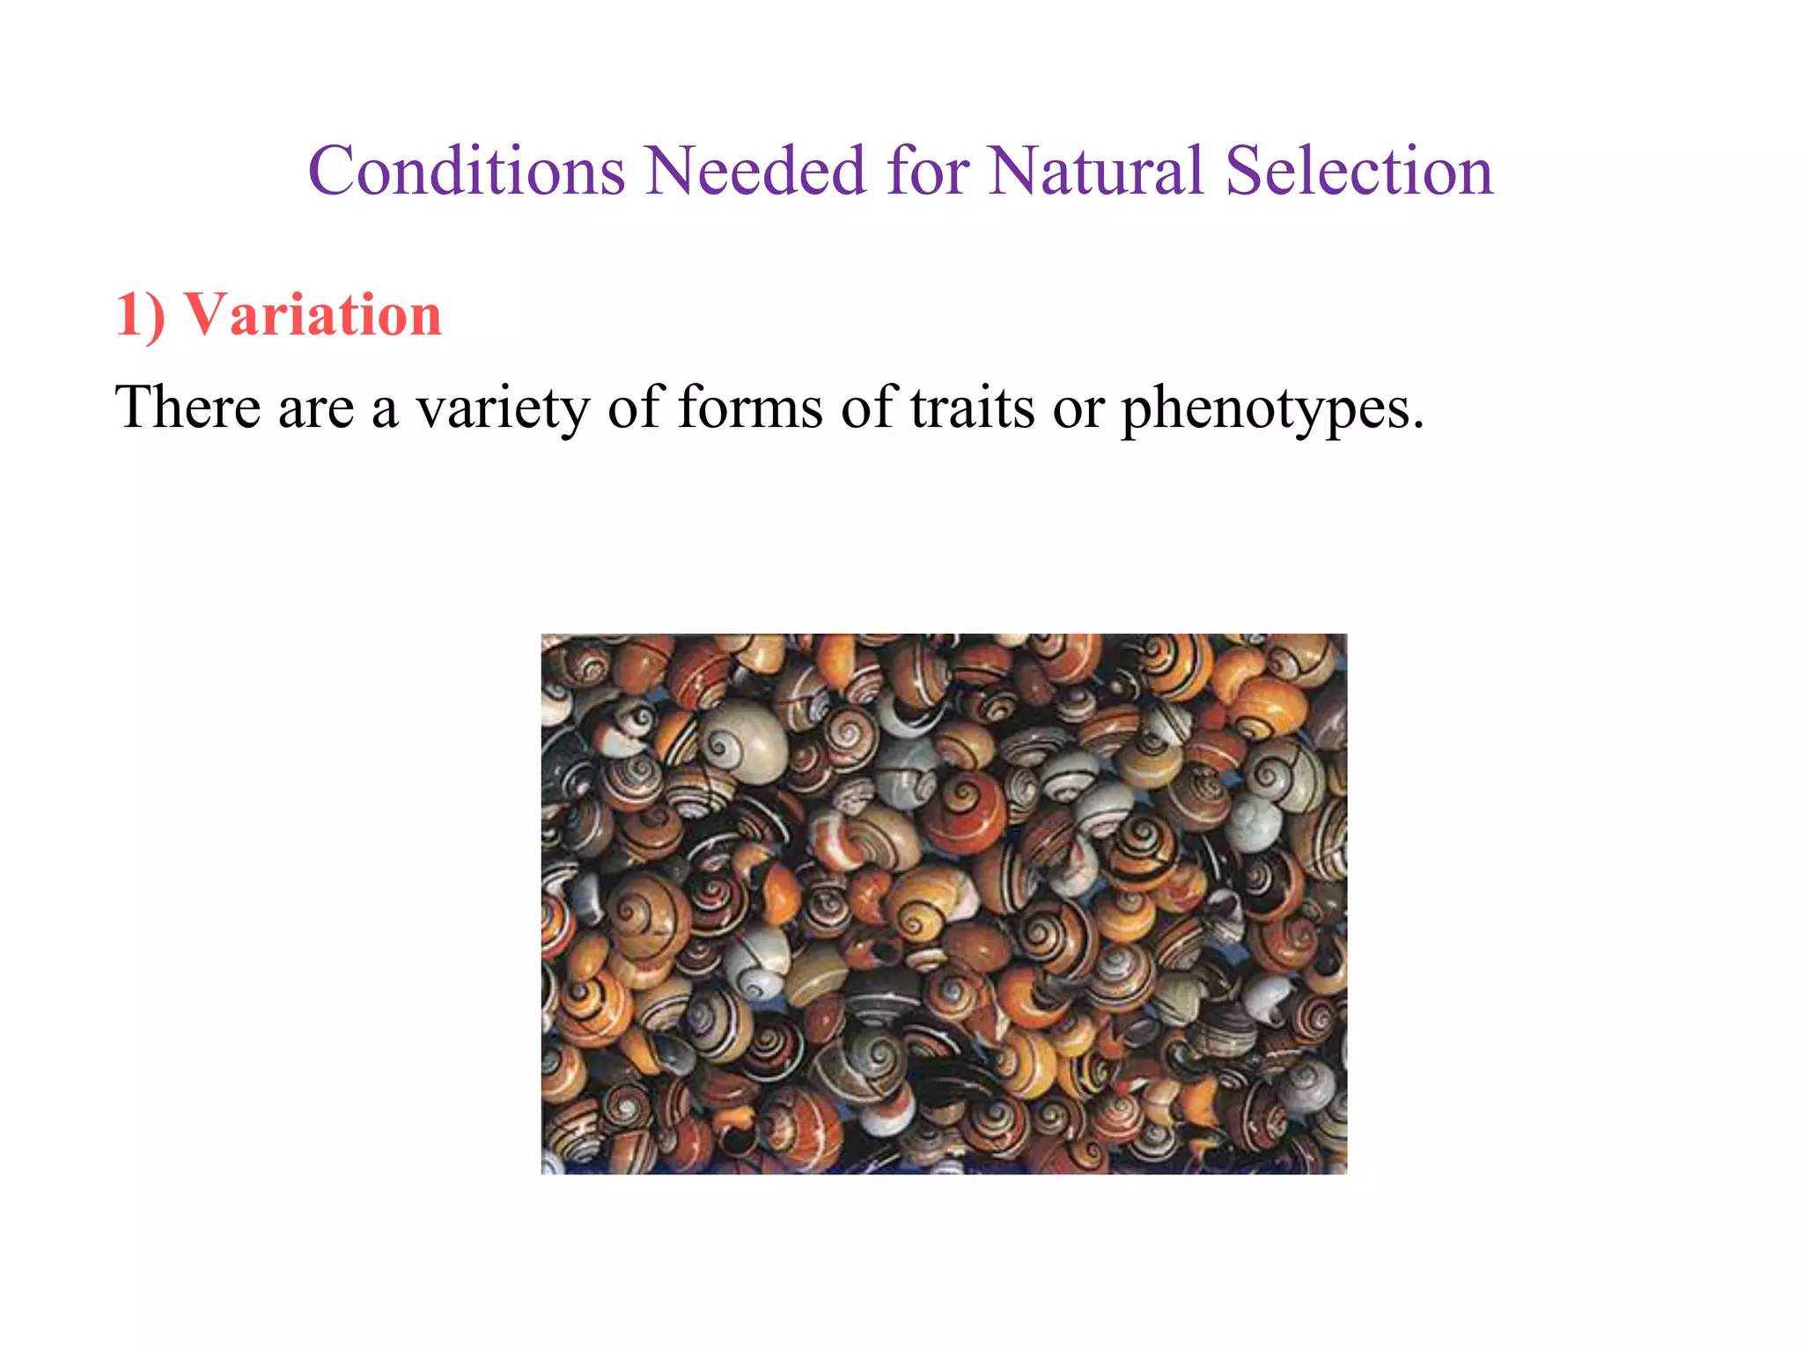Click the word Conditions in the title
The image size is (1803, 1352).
(467, 171)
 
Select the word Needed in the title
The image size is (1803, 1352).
(755, 171)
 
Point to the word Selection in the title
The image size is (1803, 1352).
(1359, 171)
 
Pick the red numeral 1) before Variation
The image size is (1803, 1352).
(140, 315)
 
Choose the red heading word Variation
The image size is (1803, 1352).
(312, 315)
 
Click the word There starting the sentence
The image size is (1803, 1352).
(188, 408)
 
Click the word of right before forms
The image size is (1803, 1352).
(633, 408)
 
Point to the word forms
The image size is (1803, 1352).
(750, 408)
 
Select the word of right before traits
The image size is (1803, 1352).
(866, 408)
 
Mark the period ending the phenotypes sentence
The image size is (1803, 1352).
(1417, 427)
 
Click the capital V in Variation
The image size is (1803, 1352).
(204, 315)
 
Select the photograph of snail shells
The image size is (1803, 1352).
(944, 903)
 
